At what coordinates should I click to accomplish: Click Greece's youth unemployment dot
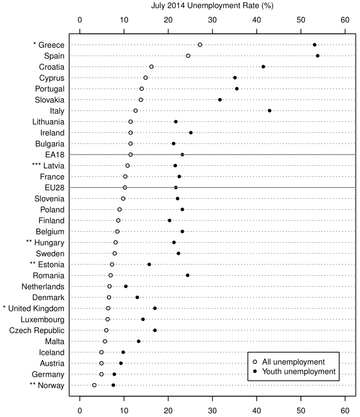(x=314, y=45)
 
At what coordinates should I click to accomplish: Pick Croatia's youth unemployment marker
(x=263, y=67)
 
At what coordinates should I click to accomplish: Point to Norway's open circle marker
(x=94, y=385)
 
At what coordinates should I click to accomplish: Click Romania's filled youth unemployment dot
(x=188, y=275)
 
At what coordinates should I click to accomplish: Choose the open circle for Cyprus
(x=146, y=78)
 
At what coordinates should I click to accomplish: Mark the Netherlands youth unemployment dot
(x=126, y=286)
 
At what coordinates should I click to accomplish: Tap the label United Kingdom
(x=39, y=308)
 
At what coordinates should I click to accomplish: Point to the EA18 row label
(x=55, y=155)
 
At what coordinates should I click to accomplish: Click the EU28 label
(x=55, y=188)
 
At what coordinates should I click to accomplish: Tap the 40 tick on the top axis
(x=256, y=20)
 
